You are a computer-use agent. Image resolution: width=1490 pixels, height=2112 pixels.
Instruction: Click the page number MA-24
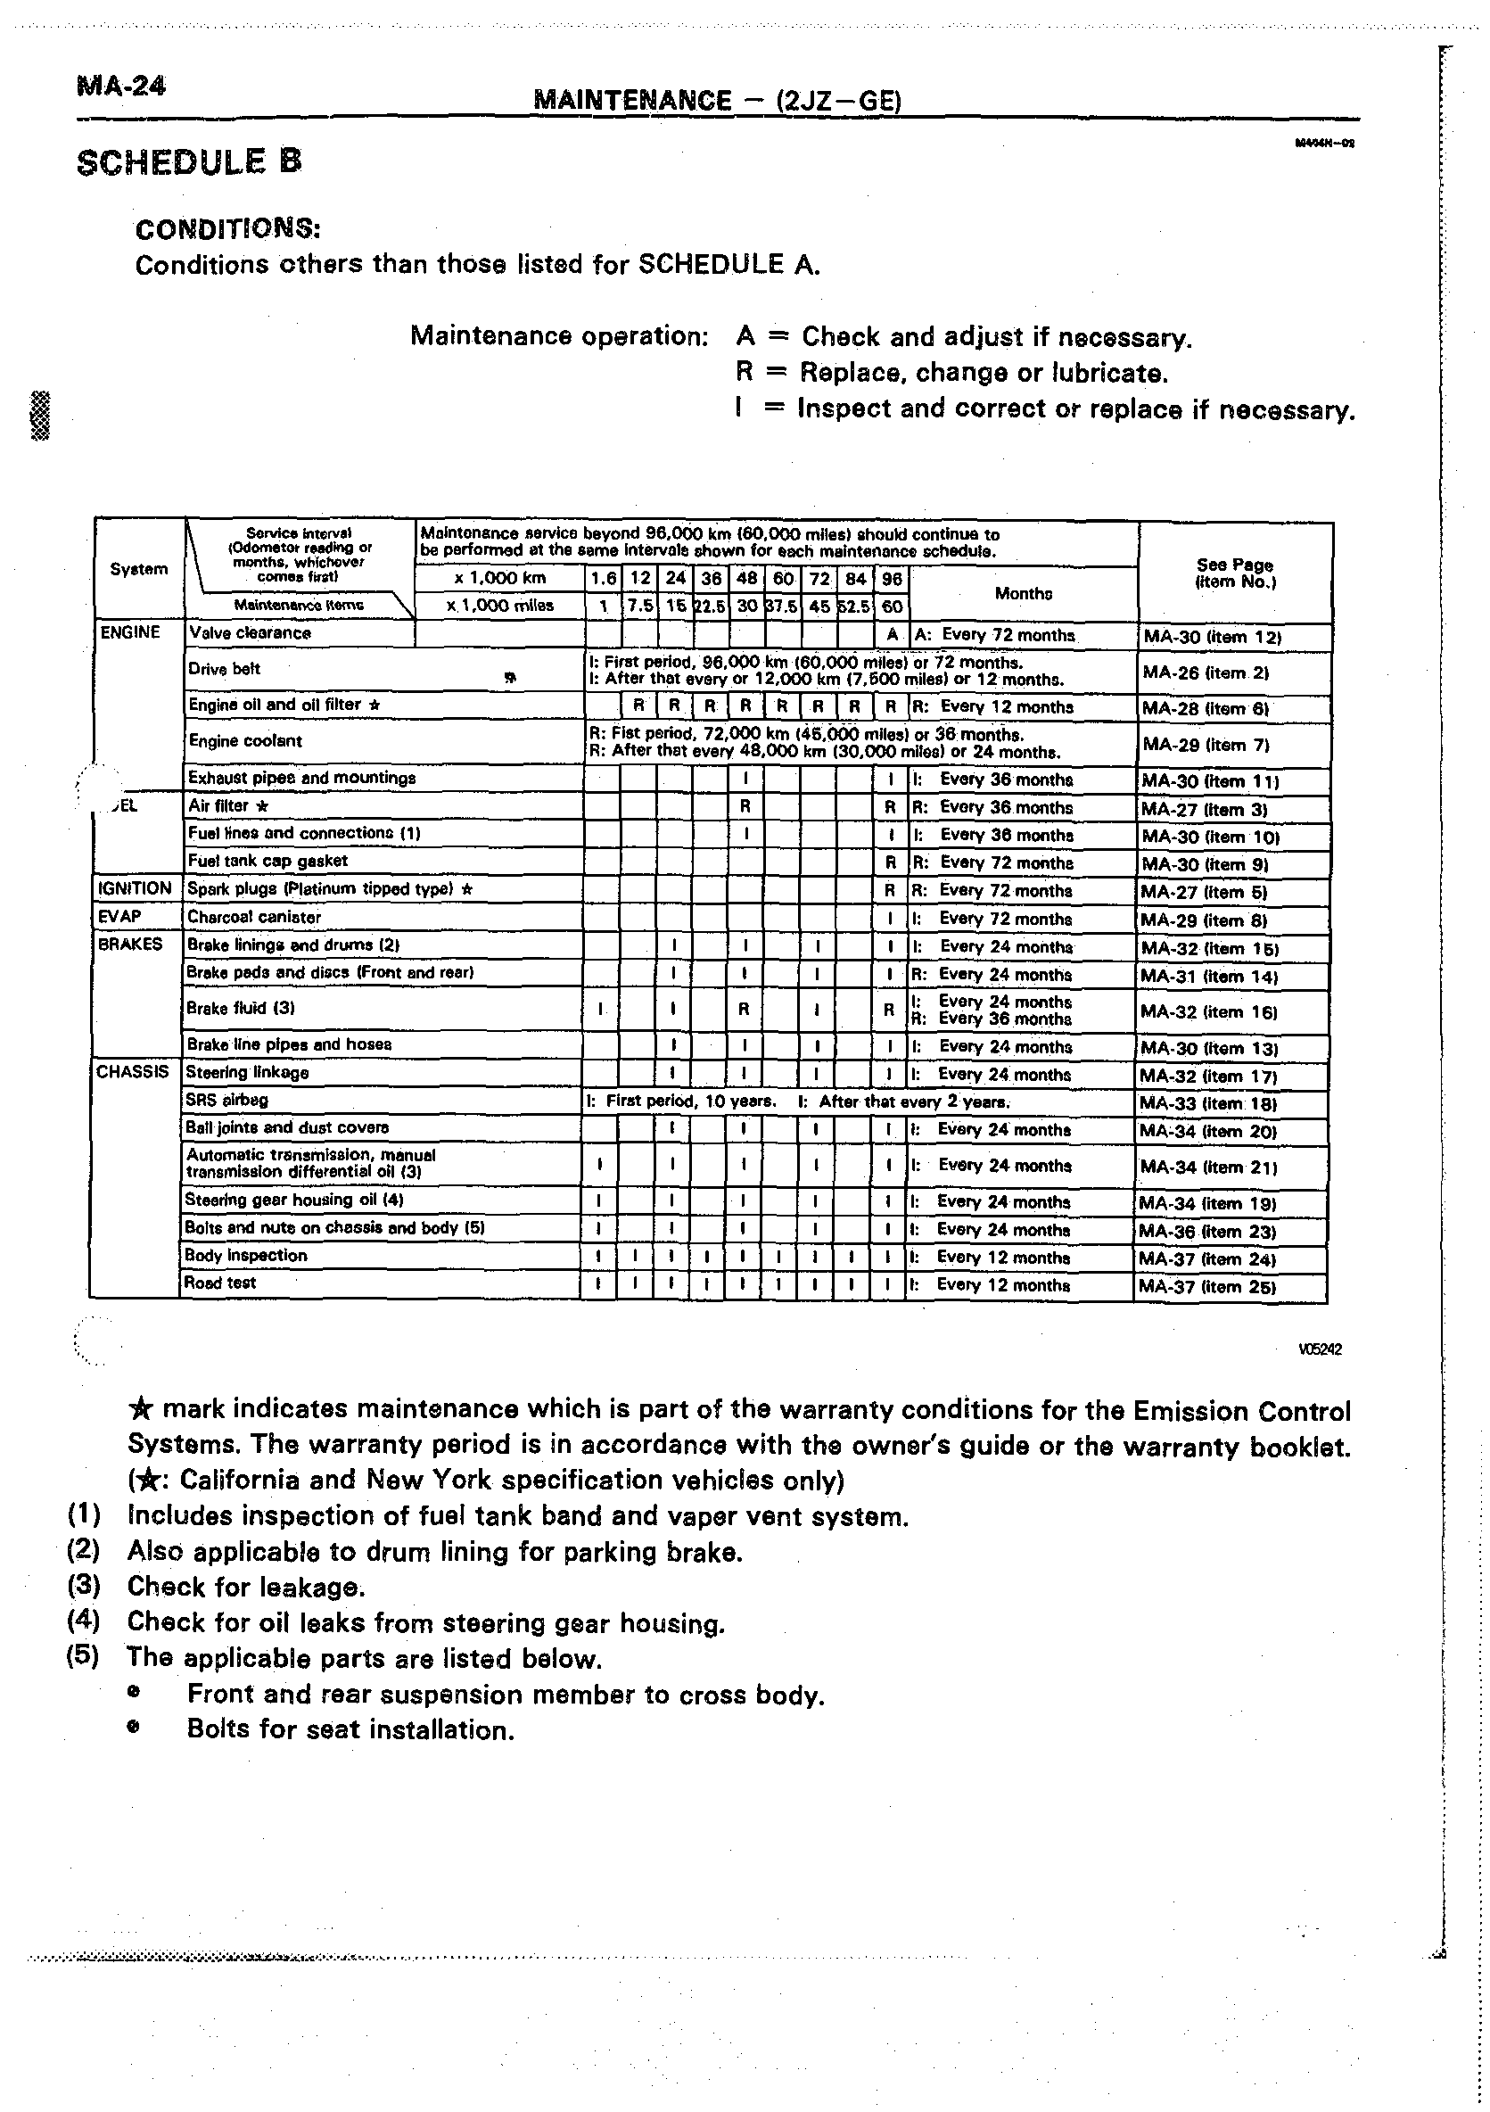pos(122,86)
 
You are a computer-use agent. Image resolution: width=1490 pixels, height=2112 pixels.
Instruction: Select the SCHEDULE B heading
pos(189,162)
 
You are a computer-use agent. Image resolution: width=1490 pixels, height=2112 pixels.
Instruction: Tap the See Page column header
pos(1234,573)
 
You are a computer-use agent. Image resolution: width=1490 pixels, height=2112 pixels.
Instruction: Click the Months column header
pos(1023,594)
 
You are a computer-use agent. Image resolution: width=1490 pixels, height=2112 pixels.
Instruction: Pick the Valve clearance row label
pos(250,633)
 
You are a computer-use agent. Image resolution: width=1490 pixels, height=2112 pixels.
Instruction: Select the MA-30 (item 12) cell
pos(1212,636)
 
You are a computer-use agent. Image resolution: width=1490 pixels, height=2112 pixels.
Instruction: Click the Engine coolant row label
pos(244,740)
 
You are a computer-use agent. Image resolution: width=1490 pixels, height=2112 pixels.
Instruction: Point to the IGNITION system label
pos(135,888)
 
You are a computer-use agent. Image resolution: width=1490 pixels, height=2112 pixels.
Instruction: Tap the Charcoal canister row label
pos(254,917)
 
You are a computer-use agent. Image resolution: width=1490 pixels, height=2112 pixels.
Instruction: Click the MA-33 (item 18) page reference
pos(1208,1103)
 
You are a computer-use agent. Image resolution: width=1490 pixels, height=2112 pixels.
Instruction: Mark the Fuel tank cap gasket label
pos(268,861)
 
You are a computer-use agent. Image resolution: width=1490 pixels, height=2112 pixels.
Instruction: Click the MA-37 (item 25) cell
pos(1206,1287)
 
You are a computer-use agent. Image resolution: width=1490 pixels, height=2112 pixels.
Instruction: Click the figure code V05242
pos(1320,1349)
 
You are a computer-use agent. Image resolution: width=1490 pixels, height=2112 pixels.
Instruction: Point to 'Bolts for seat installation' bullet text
pos(350,1729)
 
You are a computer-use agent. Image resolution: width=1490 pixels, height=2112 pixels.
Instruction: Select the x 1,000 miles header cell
pos(499,606)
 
